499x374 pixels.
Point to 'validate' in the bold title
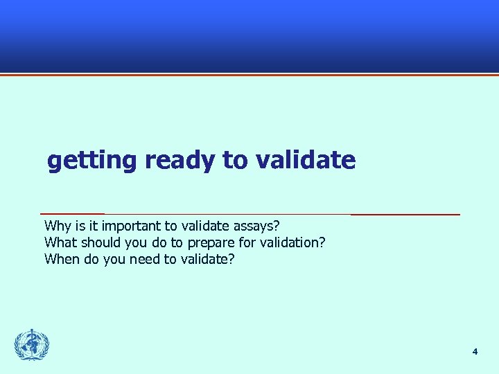(306, 161)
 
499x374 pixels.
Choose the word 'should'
(100, 243)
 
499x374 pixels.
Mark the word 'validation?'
(295, 243)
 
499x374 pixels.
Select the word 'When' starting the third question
(61, 260)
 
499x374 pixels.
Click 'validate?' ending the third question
(207, 260)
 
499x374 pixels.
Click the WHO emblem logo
(32, 345)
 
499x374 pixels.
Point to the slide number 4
(475, 352)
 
